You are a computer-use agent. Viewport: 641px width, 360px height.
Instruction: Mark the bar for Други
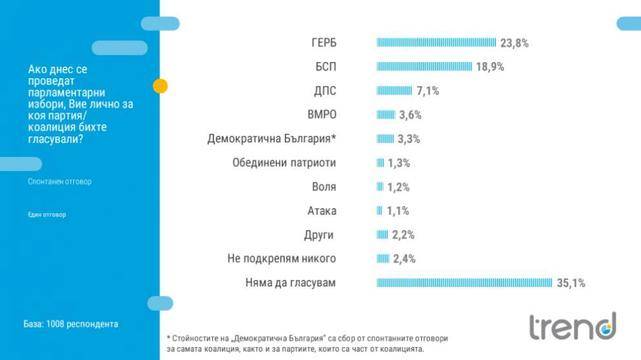[381, 235]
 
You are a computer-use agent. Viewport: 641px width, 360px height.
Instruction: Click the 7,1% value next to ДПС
[425, 91]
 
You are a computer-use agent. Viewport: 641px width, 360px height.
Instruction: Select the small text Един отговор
[46, 215]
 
